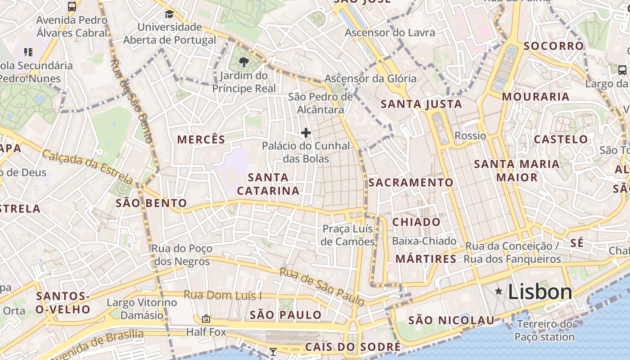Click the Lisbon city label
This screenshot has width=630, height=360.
coord(540,292)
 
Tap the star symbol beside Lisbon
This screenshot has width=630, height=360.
coord(499,292)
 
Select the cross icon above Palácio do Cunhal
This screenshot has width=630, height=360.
coord(306,133)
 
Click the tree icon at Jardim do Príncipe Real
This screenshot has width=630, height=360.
coord(244,62)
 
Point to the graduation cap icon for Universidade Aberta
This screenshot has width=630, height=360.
coord(169,14)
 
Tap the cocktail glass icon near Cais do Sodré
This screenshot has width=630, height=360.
coord(273,351)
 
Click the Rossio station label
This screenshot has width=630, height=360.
coord(470,136)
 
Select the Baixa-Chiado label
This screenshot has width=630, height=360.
coord(424,241)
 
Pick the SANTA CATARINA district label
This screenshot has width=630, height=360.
coord(268,184)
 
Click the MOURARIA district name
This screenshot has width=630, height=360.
coord(535,97)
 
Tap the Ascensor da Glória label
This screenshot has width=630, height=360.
coord(370,79)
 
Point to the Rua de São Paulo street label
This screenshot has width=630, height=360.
coord(321,286)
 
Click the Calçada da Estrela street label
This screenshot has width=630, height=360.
coord(88,167)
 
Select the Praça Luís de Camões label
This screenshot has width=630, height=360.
coord(348,235)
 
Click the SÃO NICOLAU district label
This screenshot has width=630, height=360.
coord(451,321)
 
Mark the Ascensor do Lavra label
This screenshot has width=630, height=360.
coord(390,33)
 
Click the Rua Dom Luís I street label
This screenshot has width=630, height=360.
coord(222,296)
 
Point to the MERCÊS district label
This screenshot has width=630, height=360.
coord(201,139)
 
